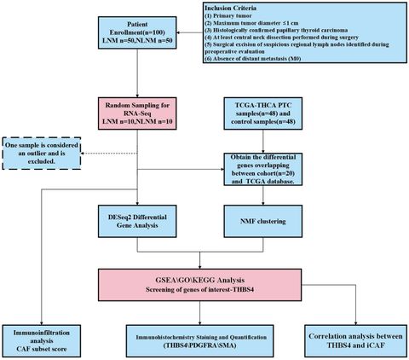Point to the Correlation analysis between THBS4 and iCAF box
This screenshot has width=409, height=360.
(354, 340)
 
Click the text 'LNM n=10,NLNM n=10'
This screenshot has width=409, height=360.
(141, 121)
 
